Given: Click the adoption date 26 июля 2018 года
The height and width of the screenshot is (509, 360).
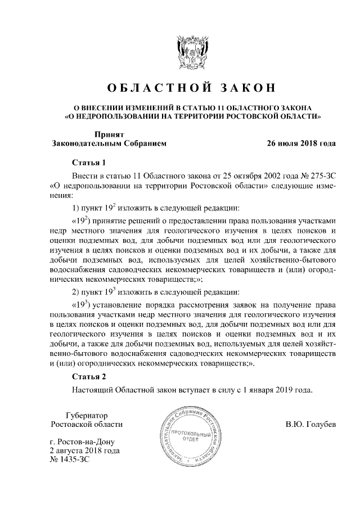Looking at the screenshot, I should pyautogui.click(x=301, y=143).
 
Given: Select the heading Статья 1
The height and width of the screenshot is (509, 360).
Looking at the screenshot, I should pyautogui.click(x=89, y=163).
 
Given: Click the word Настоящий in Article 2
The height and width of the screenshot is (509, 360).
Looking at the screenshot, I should pyautogui.click(x=91, y=389).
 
